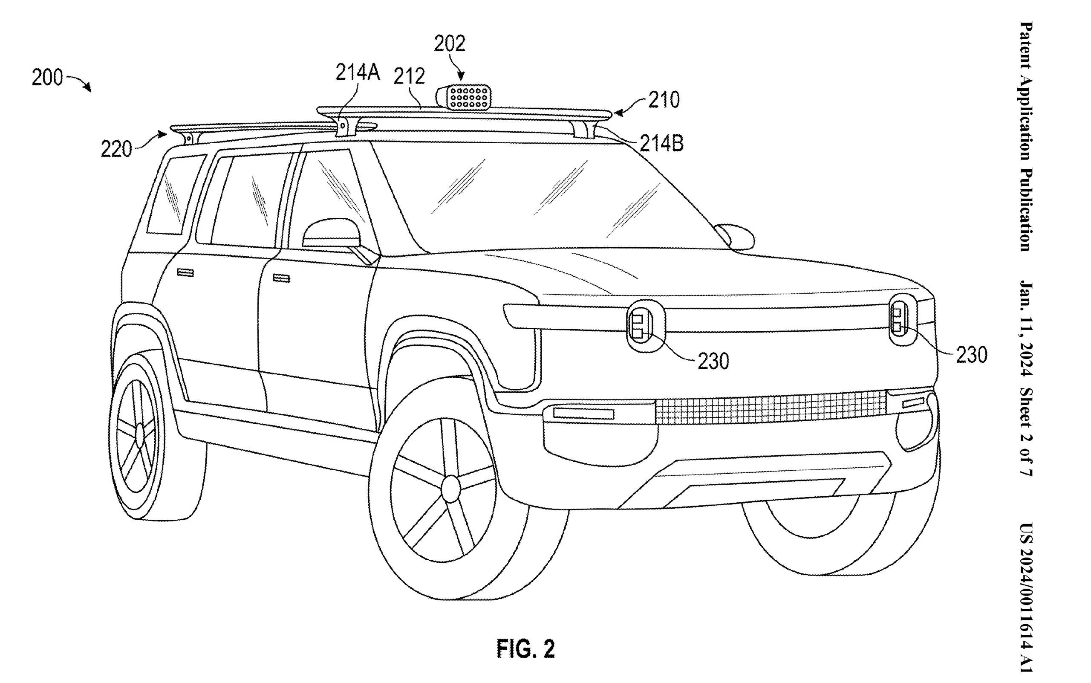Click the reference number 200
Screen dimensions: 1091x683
pos(47,77)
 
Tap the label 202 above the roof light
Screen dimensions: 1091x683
pos(449,44)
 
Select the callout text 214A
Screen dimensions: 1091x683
pos(357,72)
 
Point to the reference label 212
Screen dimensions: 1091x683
pos(409,76)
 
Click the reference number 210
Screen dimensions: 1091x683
pos(664,100)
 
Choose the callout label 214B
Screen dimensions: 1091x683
pos(661,144)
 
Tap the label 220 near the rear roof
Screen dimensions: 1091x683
pos(116,149)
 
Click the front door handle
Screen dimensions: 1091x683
pos(281,278)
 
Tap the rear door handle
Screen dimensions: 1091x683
pos(185,272)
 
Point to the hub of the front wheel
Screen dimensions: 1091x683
pos(450,488)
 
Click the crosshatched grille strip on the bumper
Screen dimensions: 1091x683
pos(771,408)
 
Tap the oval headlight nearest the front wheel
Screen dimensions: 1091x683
pos(646,327)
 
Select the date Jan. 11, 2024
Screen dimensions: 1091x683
pos(1026,329)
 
